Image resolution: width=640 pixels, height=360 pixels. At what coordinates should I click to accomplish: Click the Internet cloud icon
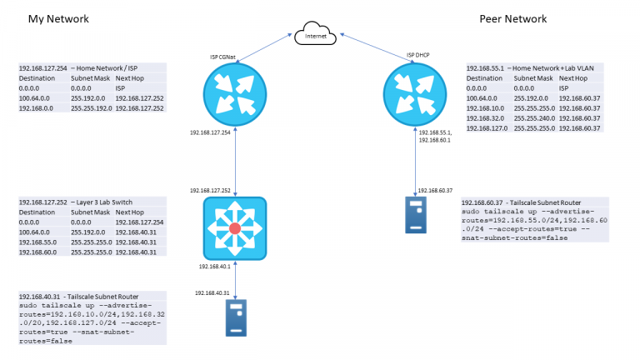coord(314,34)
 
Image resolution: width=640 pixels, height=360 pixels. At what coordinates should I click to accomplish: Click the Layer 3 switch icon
coord(234,227)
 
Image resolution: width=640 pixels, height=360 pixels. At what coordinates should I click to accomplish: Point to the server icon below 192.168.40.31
coord(236,317)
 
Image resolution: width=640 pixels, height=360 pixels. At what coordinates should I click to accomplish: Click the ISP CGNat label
coord(225,57)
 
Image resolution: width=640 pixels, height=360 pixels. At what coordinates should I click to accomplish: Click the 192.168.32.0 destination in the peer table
coord(487,118)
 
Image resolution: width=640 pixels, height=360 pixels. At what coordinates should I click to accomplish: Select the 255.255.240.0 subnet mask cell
coord(534,118)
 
